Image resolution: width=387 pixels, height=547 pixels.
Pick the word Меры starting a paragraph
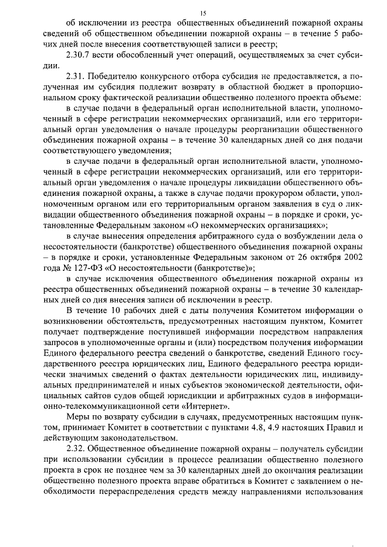78,417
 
